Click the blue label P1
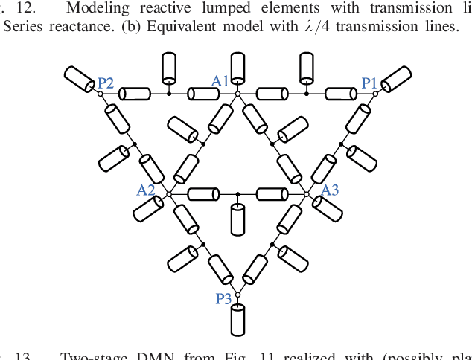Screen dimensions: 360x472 point(369,83)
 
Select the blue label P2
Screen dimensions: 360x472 point(105,83)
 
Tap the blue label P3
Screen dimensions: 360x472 point(223,298)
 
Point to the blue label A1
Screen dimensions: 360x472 point(220,80)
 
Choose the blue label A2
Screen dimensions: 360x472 point(146,190)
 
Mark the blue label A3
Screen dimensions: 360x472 point(330,190)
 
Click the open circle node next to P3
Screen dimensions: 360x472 point(237,295)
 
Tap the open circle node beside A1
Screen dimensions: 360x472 point(237,94)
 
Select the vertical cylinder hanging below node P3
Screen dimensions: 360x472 point(238,319)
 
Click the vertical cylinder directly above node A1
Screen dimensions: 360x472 point(238,67)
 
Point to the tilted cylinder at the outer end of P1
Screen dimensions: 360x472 point(397,78)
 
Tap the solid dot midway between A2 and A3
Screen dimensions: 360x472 point(237,194)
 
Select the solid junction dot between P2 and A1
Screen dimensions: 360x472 point(169,94)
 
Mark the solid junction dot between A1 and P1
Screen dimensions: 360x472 point(307,94)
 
